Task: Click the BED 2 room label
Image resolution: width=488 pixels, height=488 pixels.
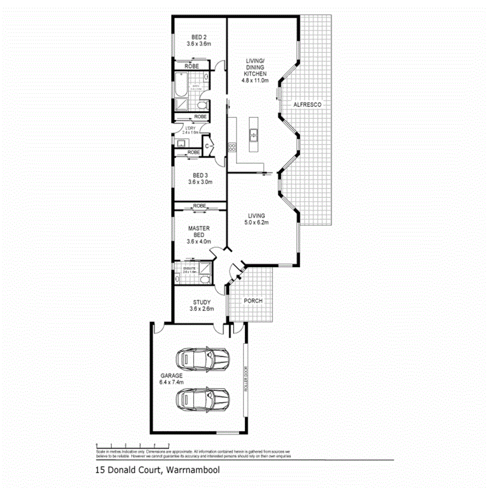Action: pyautogui.click(x=198, y=37)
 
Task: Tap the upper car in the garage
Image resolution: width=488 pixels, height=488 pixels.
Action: pyautogui.click(x=203, y=359)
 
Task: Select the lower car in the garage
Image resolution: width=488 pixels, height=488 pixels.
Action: pyautogui.click(x=203, y=401)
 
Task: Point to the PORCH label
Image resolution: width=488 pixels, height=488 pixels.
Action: pyautogui.click(x=253, y=301)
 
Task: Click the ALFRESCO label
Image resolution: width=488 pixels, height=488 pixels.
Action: pyautogui.click(x=307, y=105)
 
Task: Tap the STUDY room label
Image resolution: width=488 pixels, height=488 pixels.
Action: pyautogui.click(x=202, y=302)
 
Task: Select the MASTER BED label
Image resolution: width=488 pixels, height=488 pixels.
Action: pyautogui.click(x=198, y=231)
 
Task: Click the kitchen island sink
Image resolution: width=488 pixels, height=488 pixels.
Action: pyautogui.click(x=253, y=136)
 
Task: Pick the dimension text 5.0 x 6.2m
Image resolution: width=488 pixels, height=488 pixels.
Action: pyautogui.click(x=257, y=223)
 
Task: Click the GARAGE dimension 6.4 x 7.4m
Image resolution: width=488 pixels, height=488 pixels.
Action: pyautogui.click(x=172, y=383)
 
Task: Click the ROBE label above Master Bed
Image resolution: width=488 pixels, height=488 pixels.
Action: pyautogui.click(x=198, y=206)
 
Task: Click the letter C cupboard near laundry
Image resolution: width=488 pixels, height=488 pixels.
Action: pyautogui.click(x=207, y=146)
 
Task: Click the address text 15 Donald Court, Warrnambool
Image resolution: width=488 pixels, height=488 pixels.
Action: pyautogui.click(x=157, y=470)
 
